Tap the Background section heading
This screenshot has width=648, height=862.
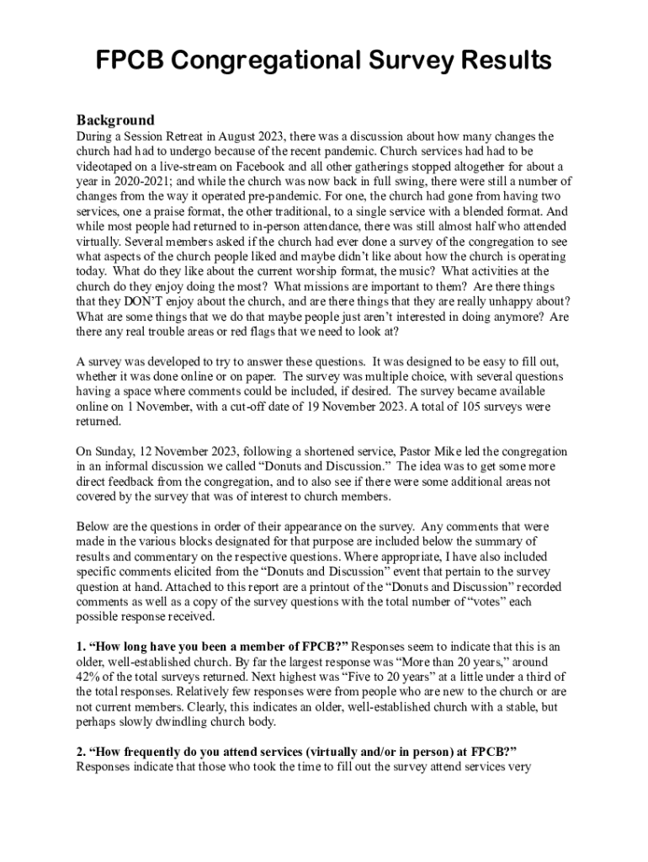coord(115,120)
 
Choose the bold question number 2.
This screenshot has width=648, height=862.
coord(81,753)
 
